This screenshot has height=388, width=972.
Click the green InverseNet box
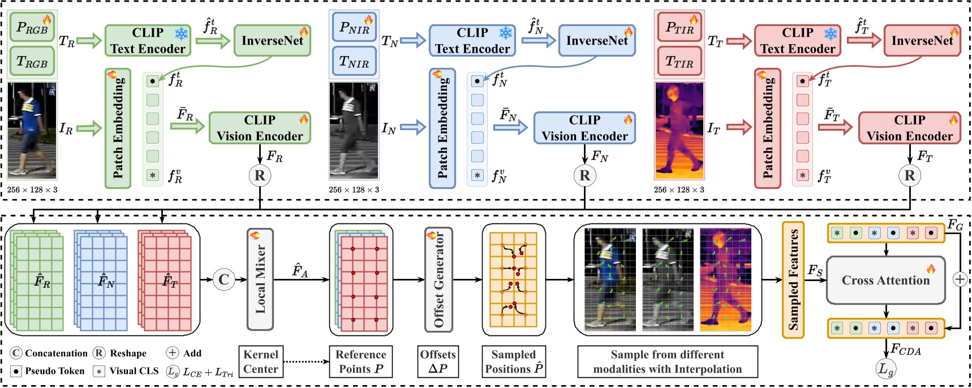(x=272, y=40)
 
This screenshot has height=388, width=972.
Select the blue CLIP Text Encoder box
(x=472, y=40)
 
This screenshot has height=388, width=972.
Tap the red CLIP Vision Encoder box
(x=909, y=128)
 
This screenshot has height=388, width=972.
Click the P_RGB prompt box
(x=32, y=28)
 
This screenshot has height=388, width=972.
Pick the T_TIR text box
(x=679, y=62)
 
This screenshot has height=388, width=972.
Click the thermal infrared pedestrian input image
(x=679, y=131)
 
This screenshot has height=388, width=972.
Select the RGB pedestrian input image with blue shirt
(x=32, y=131)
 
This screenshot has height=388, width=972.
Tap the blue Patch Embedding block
(x=442, y=128)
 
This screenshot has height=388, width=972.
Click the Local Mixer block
(x=260, y=279)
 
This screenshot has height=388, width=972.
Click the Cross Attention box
(x=885, y=280)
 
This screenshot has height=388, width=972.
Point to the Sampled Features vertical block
(x=793, y=279)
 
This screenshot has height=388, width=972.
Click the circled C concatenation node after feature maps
(x=224, y=279)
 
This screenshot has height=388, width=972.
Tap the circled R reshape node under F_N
(x=584, y=175)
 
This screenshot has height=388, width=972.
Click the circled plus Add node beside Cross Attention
(x=960, y=279)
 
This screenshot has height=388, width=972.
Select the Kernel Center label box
(x=260, y=362)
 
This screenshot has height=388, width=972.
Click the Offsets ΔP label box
(x=438, y=362)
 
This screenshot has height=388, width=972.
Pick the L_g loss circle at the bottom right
(x=885, y=370)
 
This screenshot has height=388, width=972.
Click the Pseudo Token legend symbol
(x=16, y=371)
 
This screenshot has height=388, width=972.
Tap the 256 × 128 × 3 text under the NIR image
(x=354, y=190)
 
